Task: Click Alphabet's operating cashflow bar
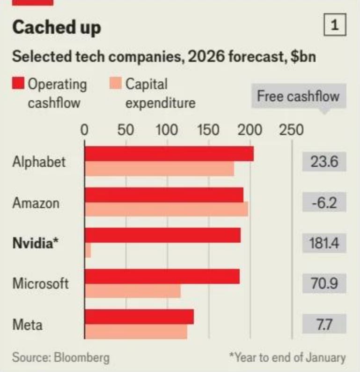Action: [169, 154]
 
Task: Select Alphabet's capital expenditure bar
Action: [160, 169]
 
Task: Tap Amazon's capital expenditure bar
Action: [166, 209]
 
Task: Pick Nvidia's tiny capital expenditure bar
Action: [88, 250]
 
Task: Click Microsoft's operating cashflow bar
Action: [162, 276]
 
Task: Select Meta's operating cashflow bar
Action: [139, 317]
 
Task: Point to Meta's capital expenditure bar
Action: [136, 331]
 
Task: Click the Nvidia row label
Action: [35, 243]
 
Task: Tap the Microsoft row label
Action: [41, 283]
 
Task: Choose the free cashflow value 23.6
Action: [324, 162]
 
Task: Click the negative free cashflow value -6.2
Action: [324, 202]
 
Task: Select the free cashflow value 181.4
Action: [324, 243]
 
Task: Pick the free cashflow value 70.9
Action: [324, 283]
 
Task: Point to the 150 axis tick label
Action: [208, 130]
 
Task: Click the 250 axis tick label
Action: [291, 130]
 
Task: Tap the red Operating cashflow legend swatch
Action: [18, 83]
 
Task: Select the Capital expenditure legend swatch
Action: [116, 83]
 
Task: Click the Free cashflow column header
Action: [299, 96]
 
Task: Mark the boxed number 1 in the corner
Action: [335, 25]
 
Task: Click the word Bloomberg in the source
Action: [82, 357]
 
